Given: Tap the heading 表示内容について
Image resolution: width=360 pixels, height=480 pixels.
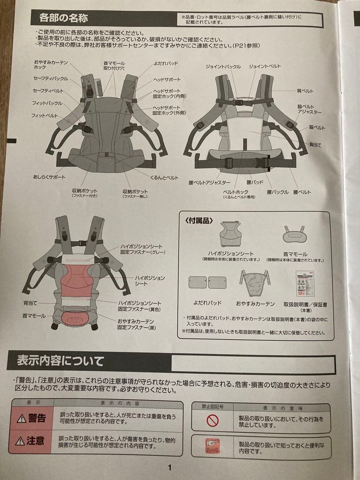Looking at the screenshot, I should (x=60, y=360).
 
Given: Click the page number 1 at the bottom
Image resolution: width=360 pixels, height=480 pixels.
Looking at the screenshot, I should (x=169, y=467).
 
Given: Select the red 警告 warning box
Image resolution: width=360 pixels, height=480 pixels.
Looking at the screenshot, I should (x=31, y=418).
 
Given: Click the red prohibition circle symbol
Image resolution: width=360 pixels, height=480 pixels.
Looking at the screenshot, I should (x=213, y=420).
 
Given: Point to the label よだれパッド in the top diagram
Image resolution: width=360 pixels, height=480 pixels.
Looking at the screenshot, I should (x=166, y=64).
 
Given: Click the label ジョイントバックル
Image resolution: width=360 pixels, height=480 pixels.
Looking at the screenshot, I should (x=223, y=67).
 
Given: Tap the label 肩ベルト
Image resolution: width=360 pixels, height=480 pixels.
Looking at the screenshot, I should (x=305, y=91).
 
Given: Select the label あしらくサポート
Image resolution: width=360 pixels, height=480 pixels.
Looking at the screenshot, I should (x=49, y=177).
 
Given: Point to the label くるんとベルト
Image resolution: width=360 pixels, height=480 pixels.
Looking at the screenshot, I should (x=164, y=177).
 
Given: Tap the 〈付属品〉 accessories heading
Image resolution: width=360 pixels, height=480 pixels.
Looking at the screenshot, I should (x=199, y=220).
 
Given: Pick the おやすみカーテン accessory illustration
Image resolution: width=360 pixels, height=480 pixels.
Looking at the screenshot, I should (x=255, y=283).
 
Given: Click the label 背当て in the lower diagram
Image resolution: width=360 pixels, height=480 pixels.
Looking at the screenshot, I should (x=31, y=302).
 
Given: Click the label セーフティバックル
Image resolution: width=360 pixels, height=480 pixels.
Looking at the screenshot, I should (x=51, y=79).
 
